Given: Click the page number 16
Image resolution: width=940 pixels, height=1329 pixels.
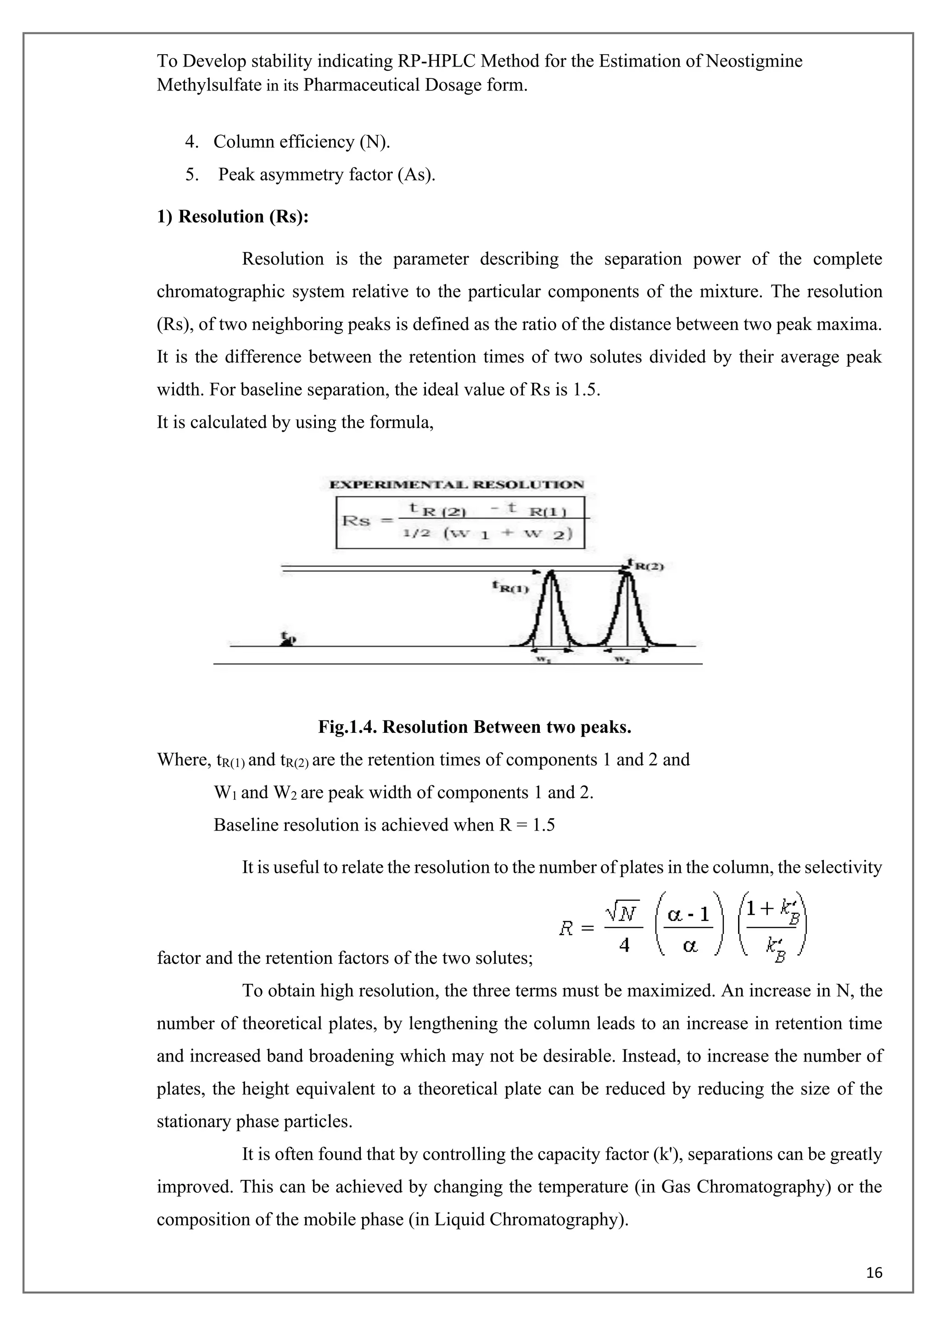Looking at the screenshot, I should (874, 1272).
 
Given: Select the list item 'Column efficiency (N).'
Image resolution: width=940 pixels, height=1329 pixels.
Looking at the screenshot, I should (302, 142).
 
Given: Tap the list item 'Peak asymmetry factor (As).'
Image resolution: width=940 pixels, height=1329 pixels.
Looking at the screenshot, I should (326, 175).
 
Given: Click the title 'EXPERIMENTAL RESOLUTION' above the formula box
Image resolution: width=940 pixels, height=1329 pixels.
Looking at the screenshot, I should (456, 485).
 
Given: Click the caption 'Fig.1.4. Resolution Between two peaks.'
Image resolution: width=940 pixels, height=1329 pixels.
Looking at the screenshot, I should (474, 727).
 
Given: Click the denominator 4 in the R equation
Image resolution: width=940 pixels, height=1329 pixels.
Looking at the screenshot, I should (624, 945).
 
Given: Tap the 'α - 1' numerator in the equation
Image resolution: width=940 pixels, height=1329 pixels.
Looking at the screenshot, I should (688, 915).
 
